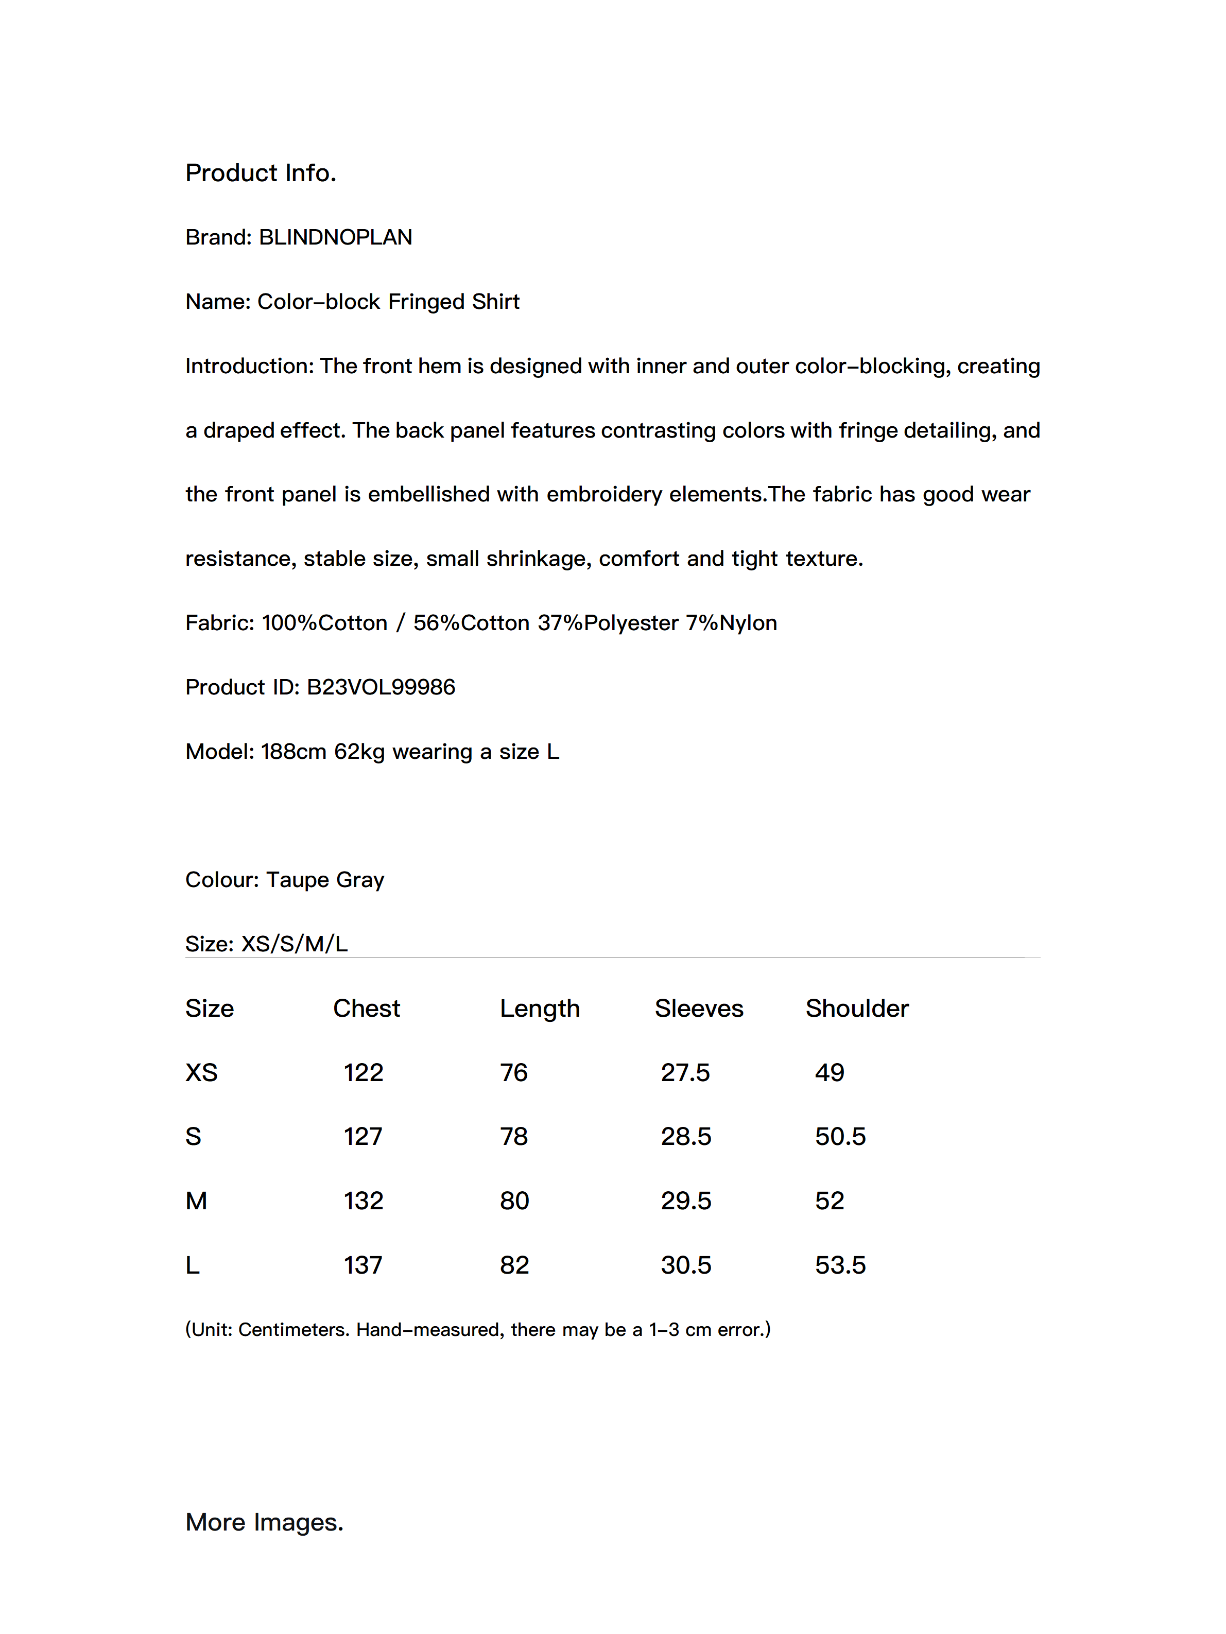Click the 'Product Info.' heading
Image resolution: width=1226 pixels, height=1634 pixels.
click(260, 173)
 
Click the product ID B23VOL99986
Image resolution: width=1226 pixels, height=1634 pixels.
click(381, 687)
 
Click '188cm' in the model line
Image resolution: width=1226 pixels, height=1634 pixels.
click(293, 751)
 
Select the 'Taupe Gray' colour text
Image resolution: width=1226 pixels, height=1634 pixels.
click(325, 880)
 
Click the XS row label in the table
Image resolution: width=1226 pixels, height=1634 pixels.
click(201, 1072)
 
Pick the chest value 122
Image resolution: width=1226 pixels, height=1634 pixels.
click(363, 1072)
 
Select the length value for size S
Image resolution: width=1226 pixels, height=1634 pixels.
click(513, 1136)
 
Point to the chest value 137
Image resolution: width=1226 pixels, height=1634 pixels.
click(363, 1265)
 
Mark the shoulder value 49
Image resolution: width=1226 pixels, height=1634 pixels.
click(829, 1072)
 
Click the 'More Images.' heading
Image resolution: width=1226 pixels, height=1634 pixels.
click(264, 1522)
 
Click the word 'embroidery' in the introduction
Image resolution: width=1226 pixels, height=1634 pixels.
click(604, 494)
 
